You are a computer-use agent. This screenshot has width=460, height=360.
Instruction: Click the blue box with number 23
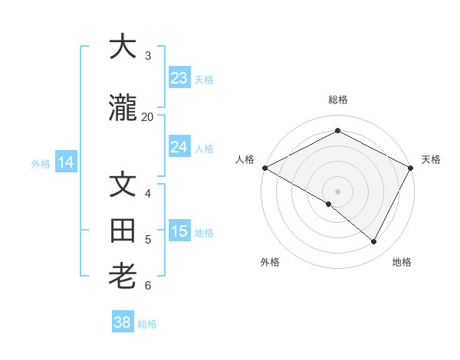click(179, 78)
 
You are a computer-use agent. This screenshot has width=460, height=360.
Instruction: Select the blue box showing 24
click(179, 147)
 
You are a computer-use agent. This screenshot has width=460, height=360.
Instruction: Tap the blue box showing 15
click(179, 231)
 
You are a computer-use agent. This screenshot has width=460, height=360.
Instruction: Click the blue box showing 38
click(123, 322)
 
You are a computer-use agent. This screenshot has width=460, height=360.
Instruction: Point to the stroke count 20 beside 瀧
click(147, 116)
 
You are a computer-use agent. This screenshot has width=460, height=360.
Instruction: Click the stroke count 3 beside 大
click(148, 55)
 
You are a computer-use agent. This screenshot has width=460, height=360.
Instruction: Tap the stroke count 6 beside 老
click(148, 285)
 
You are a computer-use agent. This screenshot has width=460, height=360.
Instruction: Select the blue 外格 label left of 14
click(41, 163)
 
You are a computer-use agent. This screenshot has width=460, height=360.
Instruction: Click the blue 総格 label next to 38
click(147, 324)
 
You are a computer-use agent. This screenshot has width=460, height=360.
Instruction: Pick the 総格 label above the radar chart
click(337, 100)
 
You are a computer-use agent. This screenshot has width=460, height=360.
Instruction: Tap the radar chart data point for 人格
click(264, 168)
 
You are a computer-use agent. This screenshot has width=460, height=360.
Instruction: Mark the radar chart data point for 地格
click(374, 241)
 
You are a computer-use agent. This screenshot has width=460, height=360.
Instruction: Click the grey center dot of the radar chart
click(337, 191)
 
